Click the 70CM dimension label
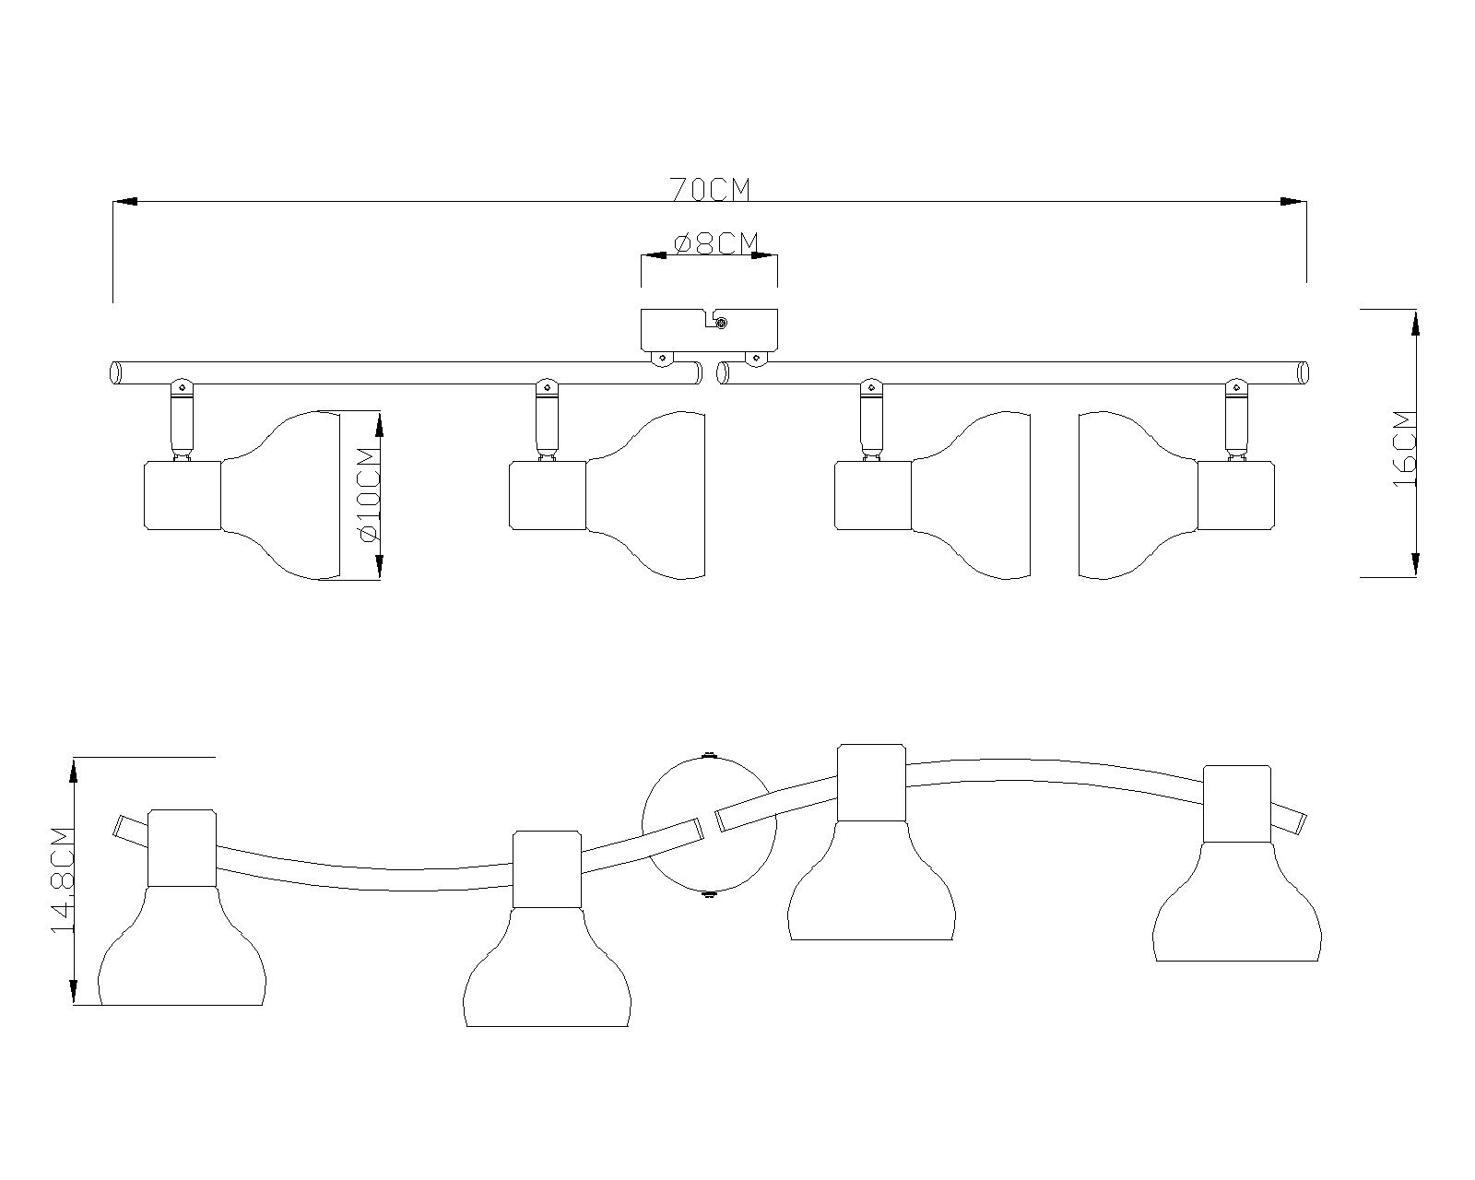(x=710, y=189)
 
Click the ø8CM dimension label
(x=716, y=243)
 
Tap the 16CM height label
(x=1405, y=448)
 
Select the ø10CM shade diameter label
(x=366, y=494)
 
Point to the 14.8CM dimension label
(x=62, y=880)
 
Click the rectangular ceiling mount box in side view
(x=709, y=329)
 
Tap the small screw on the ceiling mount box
(x=722, y=323)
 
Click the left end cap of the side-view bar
(x=116, y=373)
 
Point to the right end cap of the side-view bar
(x=1303, y=373)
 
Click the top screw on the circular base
(x=708, y=756)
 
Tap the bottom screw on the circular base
(x=708, y=892)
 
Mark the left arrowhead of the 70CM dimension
(x=124, y=201)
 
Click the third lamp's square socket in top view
(x=871, y=783)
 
